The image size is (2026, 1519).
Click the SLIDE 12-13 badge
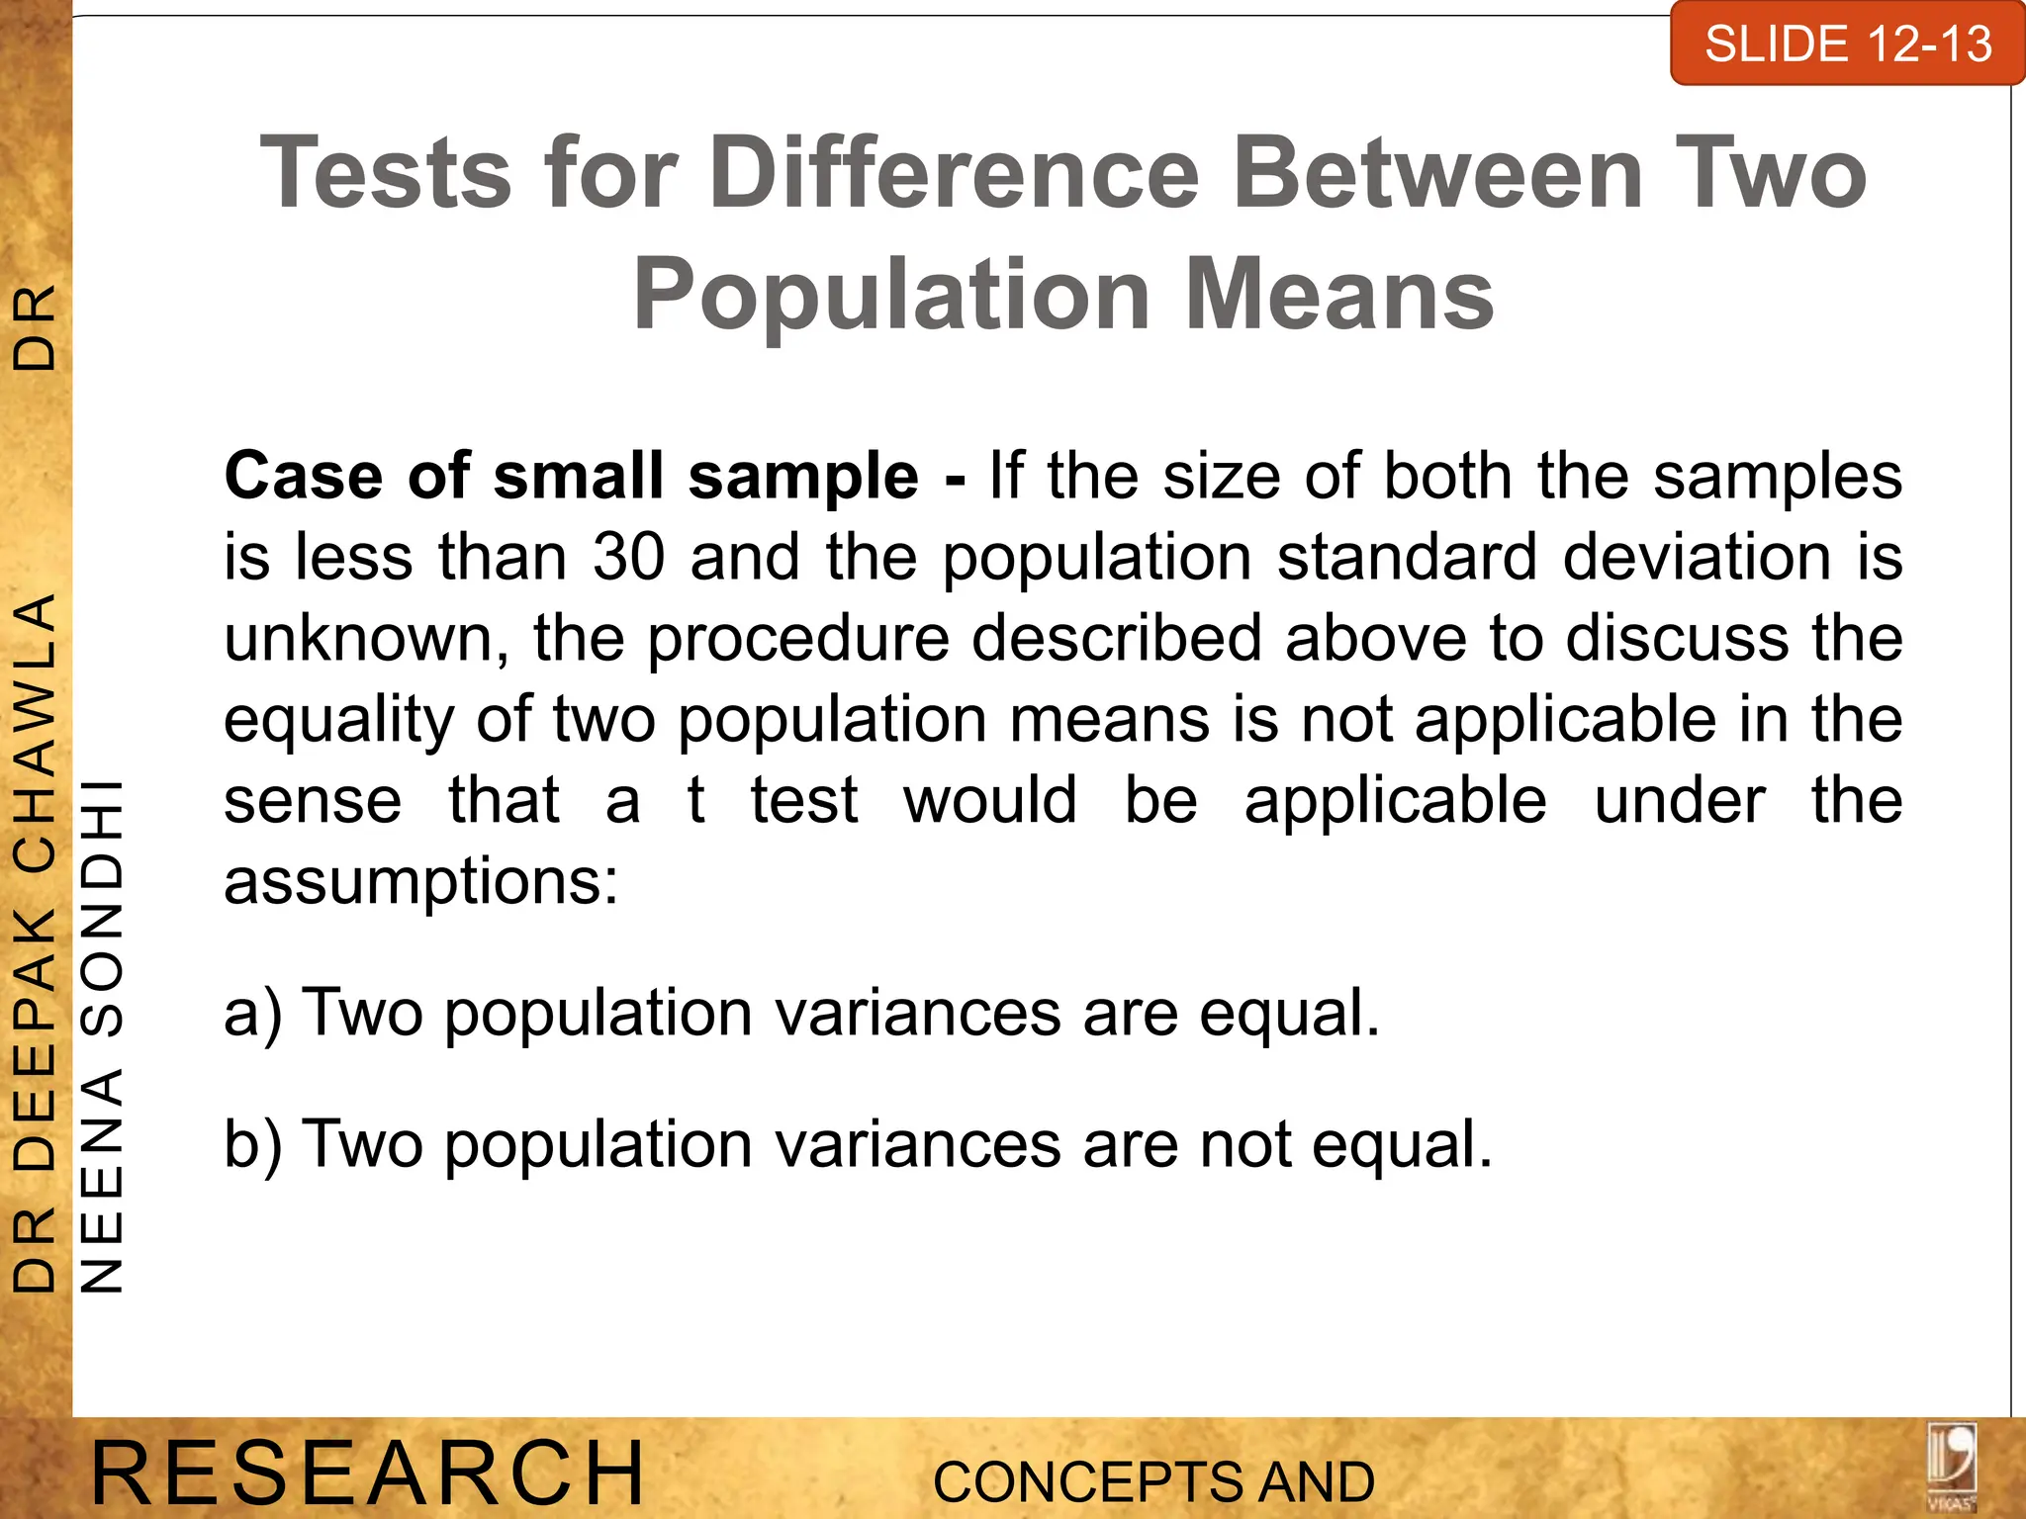point(1847,45)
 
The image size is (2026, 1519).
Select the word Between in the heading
point(1438,175)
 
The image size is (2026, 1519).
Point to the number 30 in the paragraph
point(629,557)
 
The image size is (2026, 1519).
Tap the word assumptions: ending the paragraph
point(420,881)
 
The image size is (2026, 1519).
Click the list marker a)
point(253,1014)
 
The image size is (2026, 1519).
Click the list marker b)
point(253,1144)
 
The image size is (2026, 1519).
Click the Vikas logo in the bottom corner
point(1951,1466)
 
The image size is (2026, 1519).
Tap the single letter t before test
point(696,800)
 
